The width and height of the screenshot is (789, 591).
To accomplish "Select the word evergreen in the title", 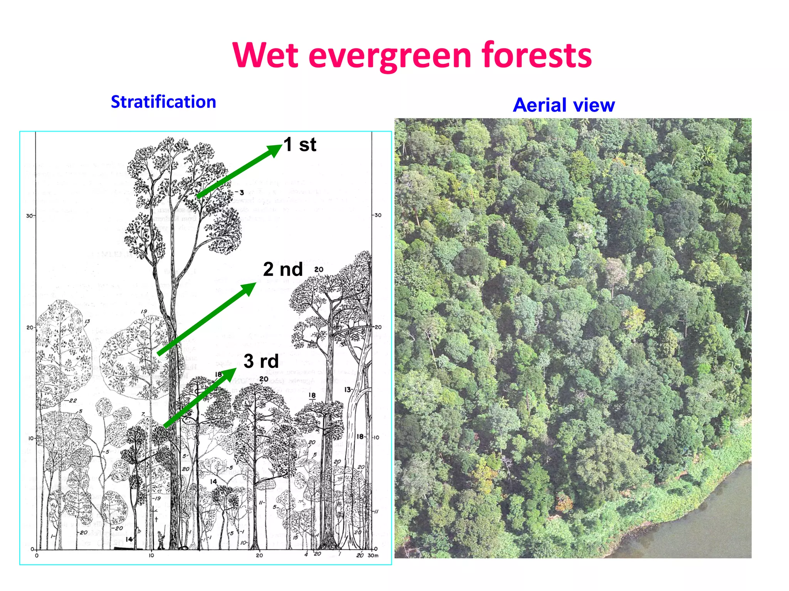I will tap(390, 56).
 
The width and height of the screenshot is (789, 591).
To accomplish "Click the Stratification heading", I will tap(163, 102).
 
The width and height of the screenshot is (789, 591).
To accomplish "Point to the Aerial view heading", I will tap(564, 105).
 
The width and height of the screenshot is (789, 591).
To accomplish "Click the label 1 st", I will tap(300, 145).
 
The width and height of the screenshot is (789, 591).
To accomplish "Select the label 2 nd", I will tap(283, 269).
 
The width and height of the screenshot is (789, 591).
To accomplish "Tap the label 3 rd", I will tap(261, 361).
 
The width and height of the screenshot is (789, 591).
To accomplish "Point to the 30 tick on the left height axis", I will tap(29, 215).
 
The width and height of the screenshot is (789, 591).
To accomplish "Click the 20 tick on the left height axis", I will tap(30, 327).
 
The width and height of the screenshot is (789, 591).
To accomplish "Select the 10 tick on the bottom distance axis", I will tap(151, 555).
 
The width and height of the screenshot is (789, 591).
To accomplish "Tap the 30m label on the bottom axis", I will tap(373, 555).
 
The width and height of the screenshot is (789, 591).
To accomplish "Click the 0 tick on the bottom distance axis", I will tap(37, 555).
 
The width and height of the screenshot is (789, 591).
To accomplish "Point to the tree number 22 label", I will tap(73, 401).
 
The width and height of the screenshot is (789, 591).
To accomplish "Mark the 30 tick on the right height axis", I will tap(378, 215).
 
